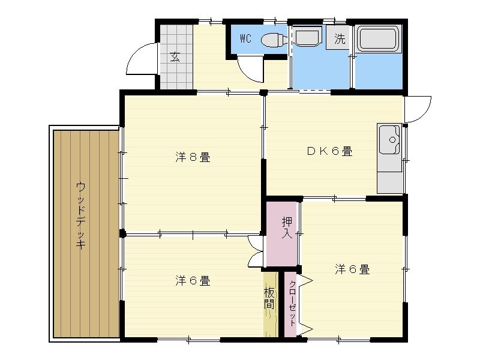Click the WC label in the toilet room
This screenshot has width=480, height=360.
click(245, 39)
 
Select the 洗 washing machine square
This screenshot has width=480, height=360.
click(340, 40)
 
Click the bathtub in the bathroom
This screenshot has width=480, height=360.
click(379, 40)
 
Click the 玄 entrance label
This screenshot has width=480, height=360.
click(175, 57)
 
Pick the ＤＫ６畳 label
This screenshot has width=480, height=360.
click(329, 151)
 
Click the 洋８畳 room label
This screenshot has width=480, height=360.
click(192, 158)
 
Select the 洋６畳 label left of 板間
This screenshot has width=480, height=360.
click(192, 280)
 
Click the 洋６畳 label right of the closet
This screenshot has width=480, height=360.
click(352, 269)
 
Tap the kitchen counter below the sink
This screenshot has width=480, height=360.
click(390, 180)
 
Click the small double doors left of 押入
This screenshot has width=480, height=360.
click(257, 251)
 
